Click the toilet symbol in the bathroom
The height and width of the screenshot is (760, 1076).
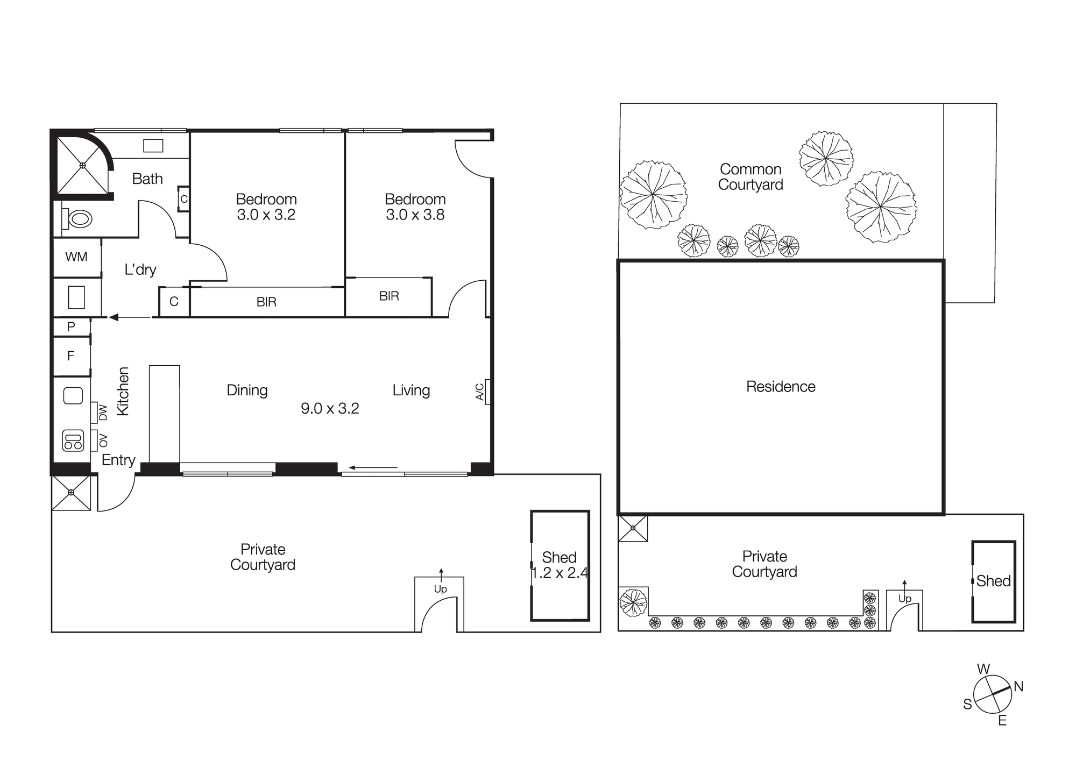pyautogui.click(x=77, y=219)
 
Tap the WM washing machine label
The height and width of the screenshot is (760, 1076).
pyautogui.click(x=76, y=257)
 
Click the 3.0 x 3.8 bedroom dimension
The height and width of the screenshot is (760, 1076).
pyautogui.click(x=415, y=215)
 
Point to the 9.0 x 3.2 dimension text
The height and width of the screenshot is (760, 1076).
pyautogui.click(x=330, y=409)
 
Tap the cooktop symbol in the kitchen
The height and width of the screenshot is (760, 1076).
pyautogui.click(x=73, y=441)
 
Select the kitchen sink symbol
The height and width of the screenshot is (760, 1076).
pyautogui.click(x=73, y=396)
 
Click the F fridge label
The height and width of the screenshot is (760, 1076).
pyautogui.click(x=70, y=356)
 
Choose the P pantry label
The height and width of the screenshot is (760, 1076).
pyautogui.click(x=71, y=326)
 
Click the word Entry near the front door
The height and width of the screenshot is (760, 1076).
pyautogui.click(x=118, y=460)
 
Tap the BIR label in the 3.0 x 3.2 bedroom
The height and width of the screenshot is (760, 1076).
pyautogui.click(x=266, y=302)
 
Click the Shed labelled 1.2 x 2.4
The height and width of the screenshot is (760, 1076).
pyautogui.click(x=560, y=565)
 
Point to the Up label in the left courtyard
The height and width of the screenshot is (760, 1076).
pyautogui.click(x=440, y=589)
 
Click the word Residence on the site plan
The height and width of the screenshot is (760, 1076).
pyautogui.click(x=781, y=387)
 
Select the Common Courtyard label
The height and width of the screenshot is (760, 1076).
pyautogui.click(x=751, y=177)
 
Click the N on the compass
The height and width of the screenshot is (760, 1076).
pyautogui.click(x=1018, y=686)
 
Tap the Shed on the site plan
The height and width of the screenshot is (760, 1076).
pyautogui.click(x=993, y=581)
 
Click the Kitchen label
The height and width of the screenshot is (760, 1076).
pyautogui.click(x=123, y=391)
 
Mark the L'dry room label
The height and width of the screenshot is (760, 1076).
pyautogui.click(x=140, y=269)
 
